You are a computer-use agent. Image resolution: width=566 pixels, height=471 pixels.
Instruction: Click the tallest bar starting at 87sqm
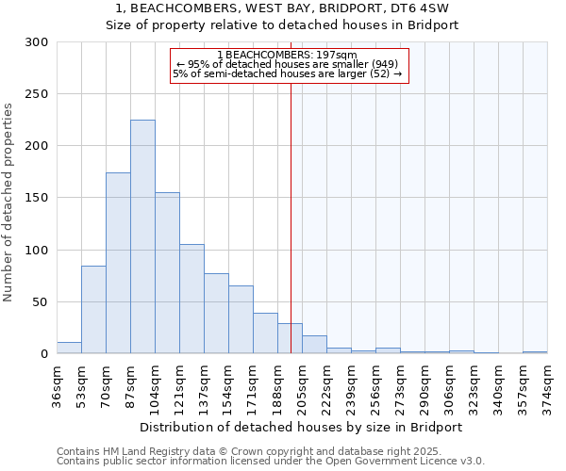[x=142, y=236]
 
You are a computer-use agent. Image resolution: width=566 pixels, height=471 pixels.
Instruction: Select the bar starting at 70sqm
[x=118, y=263]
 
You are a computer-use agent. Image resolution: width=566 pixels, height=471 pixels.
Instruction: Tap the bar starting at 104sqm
[x=167, y=273]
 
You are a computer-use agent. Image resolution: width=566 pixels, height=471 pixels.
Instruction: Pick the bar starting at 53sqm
[x=93, y=310]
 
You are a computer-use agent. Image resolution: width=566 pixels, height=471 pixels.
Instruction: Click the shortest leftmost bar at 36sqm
[x=69, y=348]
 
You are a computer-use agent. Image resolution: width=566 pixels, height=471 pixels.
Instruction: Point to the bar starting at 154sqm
[x=241, y=319]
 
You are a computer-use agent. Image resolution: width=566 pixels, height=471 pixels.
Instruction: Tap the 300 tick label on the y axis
[x=37, y=42]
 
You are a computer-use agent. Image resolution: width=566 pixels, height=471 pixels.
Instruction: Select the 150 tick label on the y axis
[x=37, y=199]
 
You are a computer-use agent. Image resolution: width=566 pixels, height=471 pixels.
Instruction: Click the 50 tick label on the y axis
[x=41, y=302]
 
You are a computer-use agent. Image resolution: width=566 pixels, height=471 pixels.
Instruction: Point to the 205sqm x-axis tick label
[x=303, y=383]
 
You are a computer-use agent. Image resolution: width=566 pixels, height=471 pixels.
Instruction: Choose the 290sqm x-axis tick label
[x=425, y=383]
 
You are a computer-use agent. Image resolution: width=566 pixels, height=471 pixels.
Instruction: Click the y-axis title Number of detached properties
[x=8, y=203]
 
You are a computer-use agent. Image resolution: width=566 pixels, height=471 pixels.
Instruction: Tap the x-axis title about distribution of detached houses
[x=301, y=427]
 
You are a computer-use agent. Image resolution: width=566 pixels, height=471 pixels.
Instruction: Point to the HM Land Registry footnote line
[x=255, y=451]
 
